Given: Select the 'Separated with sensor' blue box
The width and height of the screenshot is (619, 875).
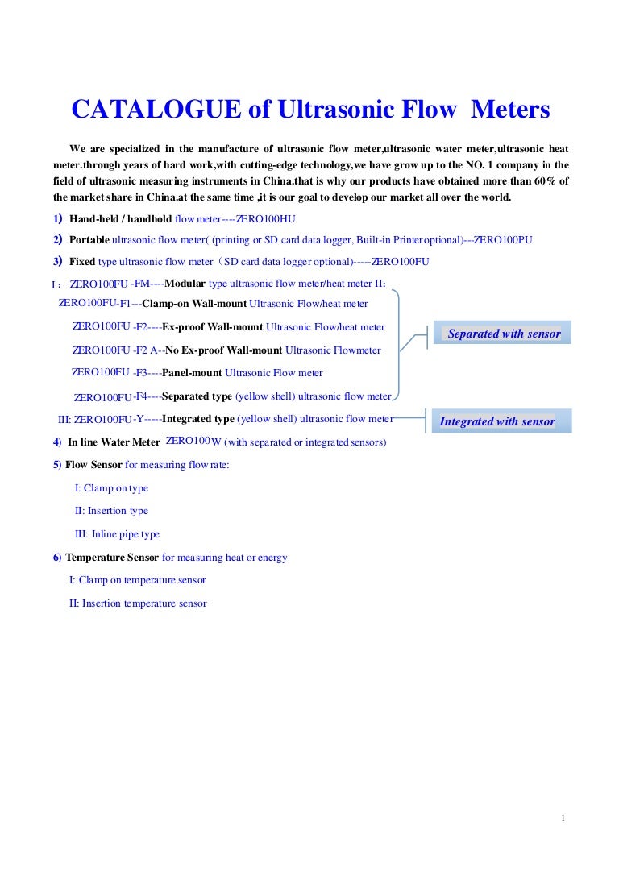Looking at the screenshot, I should pyautogui.click(x=503, y=334).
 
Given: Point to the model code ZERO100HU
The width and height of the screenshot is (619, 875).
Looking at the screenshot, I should pyautogui.click(x=265, y=219).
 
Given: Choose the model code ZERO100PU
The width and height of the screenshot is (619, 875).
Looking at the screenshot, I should pyautogui.click(x=502, y=240).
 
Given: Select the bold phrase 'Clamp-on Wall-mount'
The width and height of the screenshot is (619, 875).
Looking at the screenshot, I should pyautogui.click(x=194, y=304).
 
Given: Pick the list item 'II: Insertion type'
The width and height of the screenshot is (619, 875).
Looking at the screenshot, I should pyautogui.click(x=111, y=511).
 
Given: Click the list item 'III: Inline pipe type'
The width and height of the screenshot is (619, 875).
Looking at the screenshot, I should pyautogui.click(x=117, y=534).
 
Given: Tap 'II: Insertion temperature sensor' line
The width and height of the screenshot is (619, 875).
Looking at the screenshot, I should pyautogui.click(x=138, y=603).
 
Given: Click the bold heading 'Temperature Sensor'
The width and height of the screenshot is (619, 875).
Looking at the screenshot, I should pyautogui.click(x=112, y=558).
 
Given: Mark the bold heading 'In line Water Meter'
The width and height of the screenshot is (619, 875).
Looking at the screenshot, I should pyautogui.click(x=114, y=442).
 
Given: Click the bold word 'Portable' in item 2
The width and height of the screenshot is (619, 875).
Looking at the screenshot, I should pyautogui.click(x=89, y=240).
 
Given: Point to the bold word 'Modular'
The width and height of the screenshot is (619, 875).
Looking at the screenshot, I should pyautogui.click(x=185, y=284).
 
